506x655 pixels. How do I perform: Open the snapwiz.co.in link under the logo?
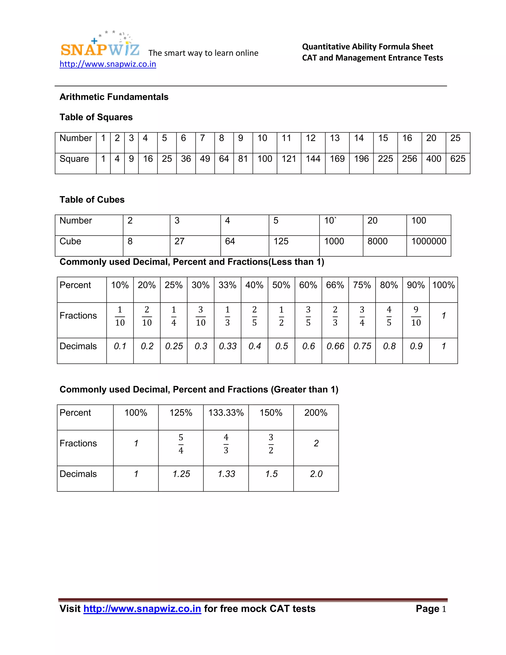[x=108, y=64]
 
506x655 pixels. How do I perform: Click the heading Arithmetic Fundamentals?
[x=114, y=97]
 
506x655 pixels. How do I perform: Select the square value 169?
[x=337, y=159]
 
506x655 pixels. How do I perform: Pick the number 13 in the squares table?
[x=335, y=138]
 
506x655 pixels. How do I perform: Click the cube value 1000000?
[x=428, y=241]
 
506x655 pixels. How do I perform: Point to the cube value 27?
[x=179, y=241]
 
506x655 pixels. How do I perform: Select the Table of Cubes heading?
[x=92, y=199]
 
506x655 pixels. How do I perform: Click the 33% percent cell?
[x=227, y=285]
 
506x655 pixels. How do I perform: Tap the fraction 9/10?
[x=416, y=316]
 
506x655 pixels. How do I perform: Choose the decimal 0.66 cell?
[x=335, y=346]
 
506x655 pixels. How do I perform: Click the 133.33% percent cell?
[x=226, y=413]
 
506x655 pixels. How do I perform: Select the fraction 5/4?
[x=181, y=444]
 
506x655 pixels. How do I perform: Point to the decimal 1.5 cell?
[x=271, y=474]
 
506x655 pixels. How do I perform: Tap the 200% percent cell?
[x=316, y=413]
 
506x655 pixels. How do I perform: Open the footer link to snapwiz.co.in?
[x=142, y=609]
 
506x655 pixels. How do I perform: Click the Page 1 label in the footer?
[x=431, y=609]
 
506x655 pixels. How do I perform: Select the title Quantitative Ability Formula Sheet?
[x=367, y=46]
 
